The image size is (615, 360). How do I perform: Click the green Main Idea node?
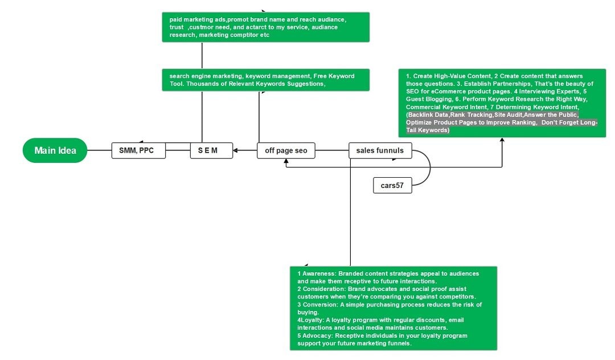(x=55, y=150)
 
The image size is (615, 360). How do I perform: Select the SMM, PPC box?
(x=138, y=150)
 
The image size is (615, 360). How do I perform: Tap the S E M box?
(x=211, y=150)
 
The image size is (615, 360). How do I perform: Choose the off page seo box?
(x=286, y=150)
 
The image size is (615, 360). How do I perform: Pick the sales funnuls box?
(x=379, y=150)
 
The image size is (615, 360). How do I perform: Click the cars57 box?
(x=392, y=185)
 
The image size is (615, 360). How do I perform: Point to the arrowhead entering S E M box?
(x=236, y=150)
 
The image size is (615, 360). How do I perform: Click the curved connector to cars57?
(x=428, y=169)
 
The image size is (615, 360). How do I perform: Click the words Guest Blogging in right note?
(x=427, y=99)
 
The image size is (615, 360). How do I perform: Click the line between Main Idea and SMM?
(x=99, y=150)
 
